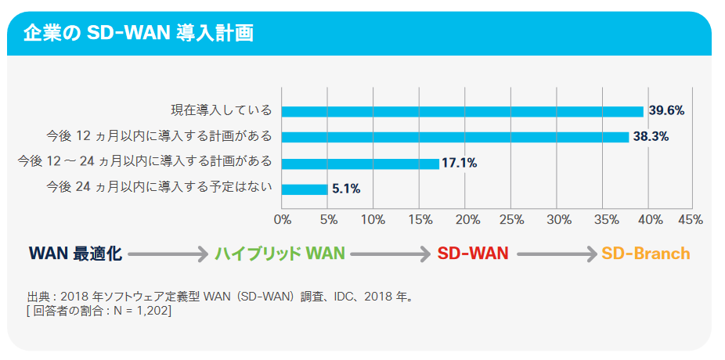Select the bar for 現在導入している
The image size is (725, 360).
pyautogui.click(x=462, y=111)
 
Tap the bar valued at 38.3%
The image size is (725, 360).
pyautogui.click(x=455, y=137)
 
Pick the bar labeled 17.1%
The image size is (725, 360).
pyautogui.click(x=360, y=164)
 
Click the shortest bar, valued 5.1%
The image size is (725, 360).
pyautogui.click(x=305, y=189)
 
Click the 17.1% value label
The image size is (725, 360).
pyautogui.click(x=460, y=164)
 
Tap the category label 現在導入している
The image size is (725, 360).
pyautogui.click(x=222, y=110)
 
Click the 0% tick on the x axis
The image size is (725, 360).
pyautogui.click(x=282, y=219)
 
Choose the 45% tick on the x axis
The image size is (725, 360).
pyautogui.click(x=690, y=219)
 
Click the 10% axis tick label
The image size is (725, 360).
pyautogui.click(x=373, y=219)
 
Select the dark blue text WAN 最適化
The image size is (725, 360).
pyautogui.click(x=75, y=254)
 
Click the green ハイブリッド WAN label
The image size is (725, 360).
pyautogui.click(x=280, y=254)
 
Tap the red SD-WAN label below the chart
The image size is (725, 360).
pyautogui.click(x=473, y=254)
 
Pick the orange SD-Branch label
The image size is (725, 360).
pyautogui.click(x=646, y=254)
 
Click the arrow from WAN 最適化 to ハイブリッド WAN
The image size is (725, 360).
pyautogui.click(x=168, y=254)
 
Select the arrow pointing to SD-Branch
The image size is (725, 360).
pyautogui.click(x=557, y=254)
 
